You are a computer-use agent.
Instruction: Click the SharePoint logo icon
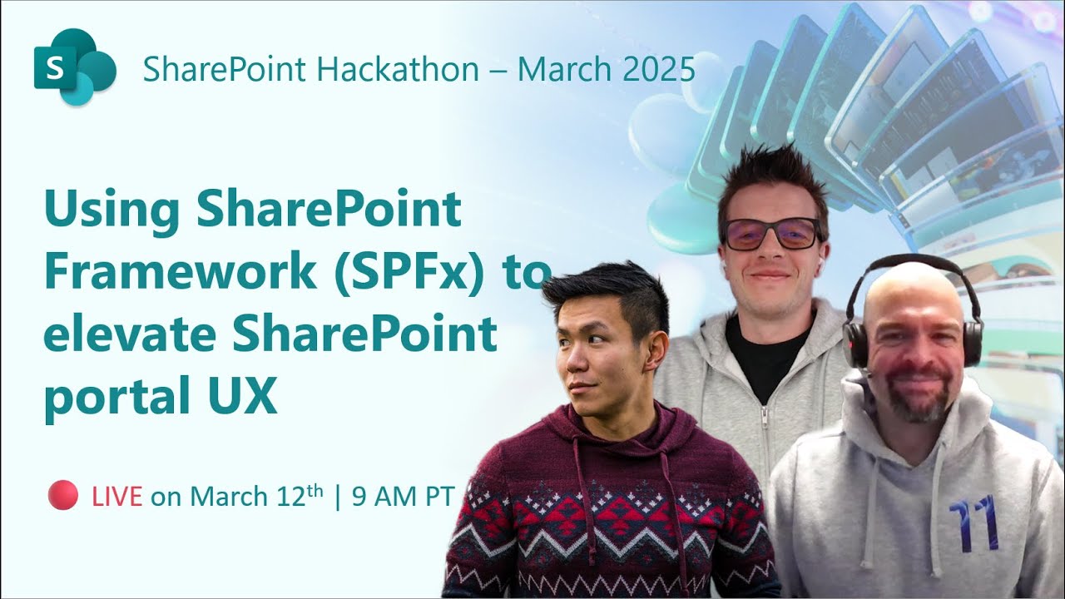click(74, 67)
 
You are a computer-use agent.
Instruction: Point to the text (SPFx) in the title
click(410, 274)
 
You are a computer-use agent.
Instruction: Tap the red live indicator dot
click(63, 495)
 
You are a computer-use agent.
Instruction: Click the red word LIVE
click(117, 497)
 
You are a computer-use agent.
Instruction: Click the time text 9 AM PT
click(403, 497)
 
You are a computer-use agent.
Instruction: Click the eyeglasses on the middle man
click(771, 234)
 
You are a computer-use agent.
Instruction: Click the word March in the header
click(566, 69)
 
